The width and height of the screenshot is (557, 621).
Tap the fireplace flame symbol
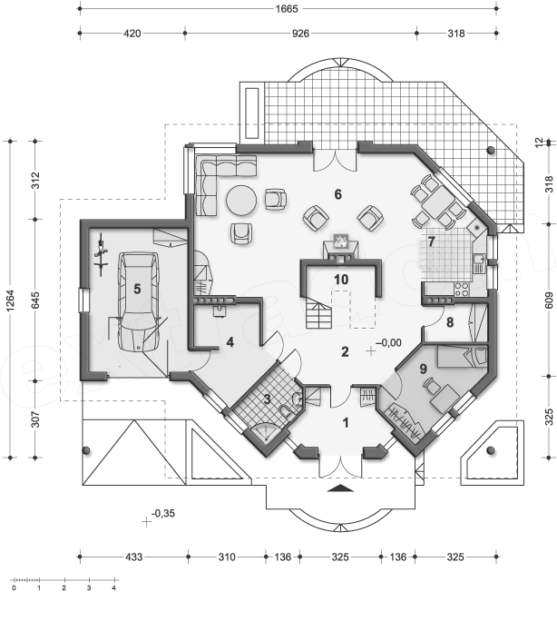340,241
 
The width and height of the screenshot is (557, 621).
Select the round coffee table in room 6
241,201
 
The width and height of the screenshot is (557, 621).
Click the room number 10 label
341,280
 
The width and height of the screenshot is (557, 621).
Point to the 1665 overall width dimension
287,8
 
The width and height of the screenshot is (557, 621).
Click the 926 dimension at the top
300,34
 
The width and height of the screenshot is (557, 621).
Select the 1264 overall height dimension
10,301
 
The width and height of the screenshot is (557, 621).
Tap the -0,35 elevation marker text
163,513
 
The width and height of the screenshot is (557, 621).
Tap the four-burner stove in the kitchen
461,289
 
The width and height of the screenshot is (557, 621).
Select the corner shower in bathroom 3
266,432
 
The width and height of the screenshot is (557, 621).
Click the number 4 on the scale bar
114,588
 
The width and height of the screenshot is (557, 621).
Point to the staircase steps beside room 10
318,313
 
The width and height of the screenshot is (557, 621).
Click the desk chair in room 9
430,385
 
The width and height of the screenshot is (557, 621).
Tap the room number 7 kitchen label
431,241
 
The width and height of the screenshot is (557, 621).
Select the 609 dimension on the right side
549,301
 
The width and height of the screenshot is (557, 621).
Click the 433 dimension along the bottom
133,557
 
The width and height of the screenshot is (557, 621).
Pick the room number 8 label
450,323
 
